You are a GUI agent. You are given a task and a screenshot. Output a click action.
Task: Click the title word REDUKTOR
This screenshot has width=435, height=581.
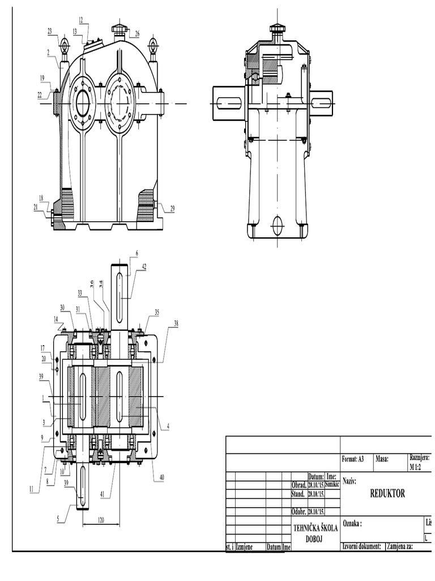387,494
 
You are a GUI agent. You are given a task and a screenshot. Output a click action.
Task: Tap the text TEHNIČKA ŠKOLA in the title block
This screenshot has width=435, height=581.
315,528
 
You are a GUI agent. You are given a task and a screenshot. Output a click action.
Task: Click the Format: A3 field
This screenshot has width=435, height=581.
354,458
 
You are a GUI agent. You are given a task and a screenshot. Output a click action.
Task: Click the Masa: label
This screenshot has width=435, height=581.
382,458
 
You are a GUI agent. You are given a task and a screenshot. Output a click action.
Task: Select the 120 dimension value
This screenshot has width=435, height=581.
101,520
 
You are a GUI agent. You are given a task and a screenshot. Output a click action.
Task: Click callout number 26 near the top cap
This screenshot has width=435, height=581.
137,34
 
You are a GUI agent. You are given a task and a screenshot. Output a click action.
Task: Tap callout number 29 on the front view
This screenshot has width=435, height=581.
172,209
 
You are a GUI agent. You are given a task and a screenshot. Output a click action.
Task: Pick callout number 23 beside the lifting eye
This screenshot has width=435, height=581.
49,31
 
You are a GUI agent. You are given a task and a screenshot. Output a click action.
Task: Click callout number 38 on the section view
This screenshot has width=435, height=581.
176,323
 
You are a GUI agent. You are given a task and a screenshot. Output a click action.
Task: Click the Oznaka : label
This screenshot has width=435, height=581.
352,525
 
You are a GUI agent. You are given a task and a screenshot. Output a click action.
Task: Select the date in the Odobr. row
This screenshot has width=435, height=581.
315,511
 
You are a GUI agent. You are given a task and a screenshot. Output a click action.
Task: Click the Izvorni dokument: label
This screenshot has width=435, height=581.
361,546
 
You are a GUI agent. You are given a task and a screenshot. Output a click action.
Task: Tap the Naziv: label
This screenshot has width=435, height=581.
349,481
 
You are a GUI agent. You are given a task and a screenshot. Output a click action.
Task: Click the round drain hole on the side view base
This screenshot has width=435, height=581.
278,225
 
